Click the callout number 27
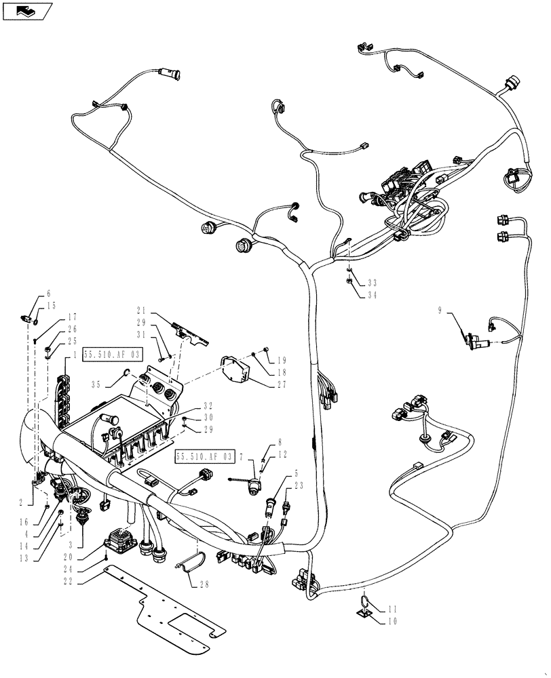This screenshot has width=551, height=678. tap(282, 384)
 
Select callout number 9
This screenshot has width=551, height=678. tap(440, 311)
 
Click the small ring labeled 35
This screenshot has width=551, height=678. tap(127, 372)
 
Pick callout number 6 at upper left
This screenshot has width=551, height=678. tap(48, 294)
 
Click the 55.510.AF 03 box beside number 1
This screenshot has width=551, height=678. tap(113, 354)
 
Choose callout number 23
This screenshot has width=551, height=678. tap(299, 485)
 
